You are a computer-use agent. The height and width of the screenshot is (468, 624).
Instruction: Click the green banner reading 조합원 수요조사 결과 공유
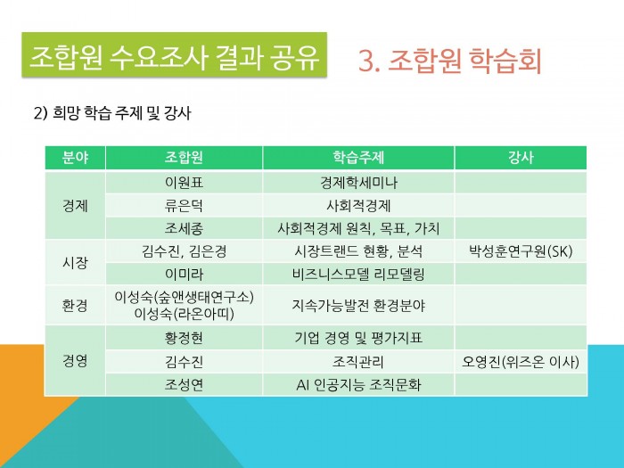[175, 54]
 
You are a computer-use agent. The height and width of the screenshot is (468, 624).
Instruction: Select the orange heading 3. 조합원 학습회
[450, 61]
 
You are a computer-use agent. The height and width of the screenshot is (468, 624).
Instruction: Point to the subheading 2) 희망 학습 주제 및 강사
[112, 113]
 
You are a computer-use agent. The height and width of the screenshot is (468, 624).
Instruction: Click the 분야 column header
[75, 158]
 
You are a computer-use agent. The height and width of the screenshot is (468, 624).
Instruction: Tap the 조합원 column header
[184, 158]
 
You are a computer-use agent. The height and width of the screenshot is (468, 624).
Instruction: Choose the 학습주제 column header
[358, 158]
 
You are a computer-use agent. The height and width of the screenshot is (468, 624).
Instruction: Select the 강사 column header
[521, 158]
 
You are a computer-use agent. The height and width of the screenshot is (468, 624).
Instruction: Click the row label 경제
[75, 206]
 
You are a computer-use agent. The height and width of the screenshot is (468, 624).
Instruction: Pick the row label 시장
[75, 263]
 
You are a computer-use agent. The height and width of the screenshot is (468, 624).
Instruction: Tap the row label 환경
[75, 305]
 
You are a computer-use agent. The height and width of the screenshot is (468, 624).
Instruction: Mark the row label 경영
[75, 361]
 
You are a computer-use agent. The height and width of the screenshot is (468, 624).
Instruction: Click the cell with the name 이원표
[184, 183]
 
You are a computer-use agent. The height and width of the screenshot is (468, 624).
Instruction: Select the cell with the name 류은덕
[184, 206]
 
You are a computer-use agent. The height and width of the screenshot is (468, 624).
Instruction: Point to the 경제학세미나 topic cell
[358, 183]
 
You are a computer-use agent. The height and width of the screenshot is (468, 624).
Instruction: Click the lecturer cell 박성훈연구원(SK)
[521, 251]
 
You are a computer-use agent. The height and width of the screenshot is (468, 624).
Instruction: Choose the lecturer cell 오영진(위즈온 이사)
[521, 362]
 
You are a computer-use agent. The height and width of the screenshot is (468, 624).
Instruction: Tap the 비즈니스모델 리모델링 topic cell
[358, 275]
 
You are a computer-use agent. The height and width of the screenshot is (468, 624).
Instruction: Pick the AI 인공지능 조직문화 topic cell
[358, 385]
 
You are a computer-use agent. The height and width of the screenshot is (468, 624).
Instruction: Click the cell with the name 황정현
[184, 338]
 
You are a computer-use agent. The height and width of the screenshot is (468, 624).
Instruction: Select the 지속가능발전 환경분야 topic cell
[358, 305]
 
